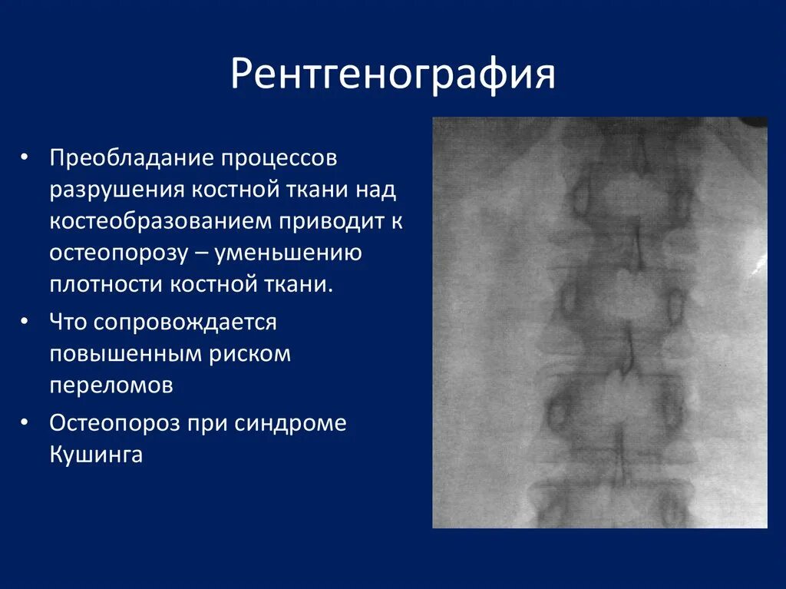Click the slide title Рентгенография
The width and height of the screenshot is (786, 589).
[393, 75]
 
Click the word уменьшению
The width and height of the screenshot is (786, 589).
[299, 253]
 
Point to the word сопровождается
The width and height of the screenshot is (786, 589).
[185, 323]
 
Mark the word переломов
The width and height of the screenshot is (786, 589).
[111, 385]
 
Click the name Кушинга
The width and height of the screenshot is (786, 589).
[96, 455]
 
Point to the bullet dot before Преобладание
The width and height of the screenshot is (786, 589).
[25, 157]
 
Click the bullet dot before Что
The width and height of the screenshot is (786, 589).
[25, 319]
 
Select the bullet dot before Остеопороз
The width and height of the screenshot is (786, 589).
[25, 421]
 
